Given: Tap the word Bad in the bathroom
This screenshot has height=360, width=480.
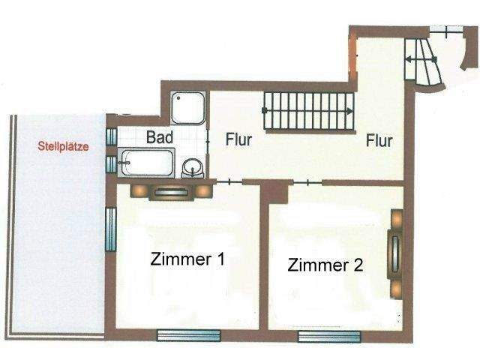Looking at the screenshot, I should [x=160, y=138].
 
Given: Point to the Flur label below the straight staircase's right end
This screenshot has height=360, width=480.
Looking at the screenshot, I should [x=379, y=140].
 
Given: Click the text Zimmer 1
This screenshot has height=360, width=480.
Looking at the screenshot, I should [x=187, y=259].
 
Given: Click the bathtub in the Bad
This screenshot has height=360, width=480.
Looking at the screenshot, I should [x=147, y=162].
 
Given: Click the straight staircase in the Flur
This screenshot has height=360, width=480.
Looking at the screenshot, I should [x=308, y=110].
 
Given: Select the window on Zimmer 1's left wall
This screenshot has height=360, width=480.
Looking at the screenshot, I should [x=111, y=229].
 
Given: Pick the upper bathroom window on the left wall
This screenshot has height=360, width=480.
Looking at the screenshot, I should [x=111, y=136].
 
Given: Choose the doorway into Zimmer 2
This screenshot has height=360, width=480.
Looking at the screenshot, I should [x=306, y=182].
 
